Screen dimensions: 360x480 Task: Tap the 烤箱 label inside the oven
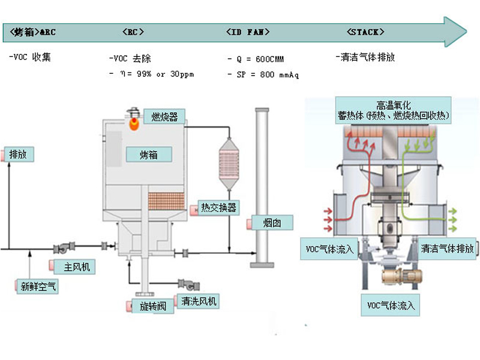tap(148, 154)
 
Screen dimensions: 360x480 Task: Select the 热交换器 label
tap(219, 208)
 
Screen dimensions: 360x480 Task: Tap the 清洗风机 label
tap(199, 301)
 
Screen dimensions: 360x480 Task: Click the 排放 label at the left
tap(19, 154)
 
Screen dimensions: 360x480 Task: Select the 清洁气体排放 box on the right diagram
tap(447, 248)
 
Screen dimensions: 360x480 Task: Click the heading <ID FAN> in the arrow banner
tap(248, 32)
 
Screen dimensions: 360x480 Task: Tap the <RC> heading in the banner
tap(133, 32)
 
